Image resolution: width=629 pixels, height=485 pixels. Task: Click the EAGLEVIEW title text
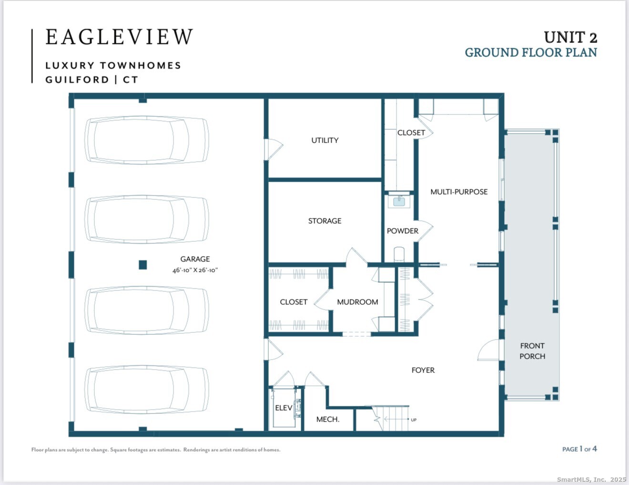tap(119, 37)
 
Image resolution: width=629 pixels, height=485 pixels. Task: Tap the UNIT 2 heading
tap(570, 38)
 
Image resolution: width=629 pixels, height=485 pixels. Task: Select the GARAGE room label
tap(195, 259)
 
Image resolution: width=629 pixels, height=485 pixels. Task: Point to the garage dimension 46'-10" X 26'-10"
tap(195, 270)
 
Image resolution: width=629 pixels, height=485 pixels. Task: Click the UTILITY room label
tap(325, 140)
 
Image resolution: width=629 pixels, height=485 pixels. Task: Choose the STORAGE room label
tap(325, 221)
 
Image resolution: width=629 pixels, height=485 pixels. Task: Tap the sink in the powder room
tap(399, 201)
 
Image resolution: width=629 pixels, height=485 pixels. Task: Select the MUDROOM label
tap(357, 302)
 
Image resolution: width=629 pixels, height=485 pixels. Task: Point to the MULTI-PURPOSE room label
tap(459, 192)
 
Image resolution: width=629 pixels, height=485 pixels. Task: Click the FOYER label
tap(423, 370)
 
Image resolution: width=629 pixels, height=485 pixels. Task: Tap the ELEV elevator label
tap(284, 408)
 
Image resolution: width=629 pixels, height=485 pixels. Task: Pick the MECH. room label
tap(328, 419)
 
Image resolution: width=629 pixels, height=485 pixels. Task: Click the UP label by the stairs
tap(414, 420)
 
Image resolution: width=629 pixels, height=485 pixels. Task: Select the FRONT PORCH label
tap(532, 351)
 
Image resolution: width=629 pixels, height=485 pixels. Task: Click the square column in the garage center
tap(142, 265)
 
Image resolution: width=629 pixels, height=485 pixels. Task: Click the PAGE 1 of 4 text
tap(579, 449)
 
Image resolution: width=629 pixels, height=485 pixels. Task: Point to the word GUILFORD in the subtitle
tap(77, 80)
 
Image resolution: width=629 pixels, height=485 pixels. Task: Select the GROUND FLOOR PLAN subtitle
tap(531, 53)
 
